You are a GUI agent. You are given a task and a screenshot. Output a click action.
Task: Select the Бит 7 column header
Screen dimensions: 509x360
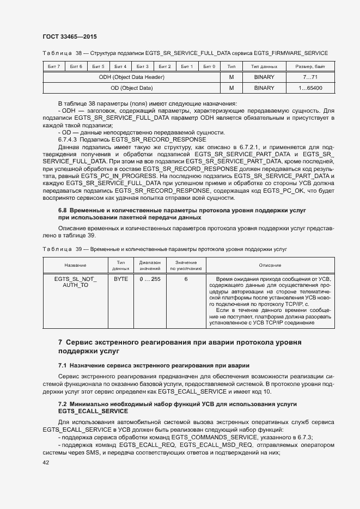(53, 66)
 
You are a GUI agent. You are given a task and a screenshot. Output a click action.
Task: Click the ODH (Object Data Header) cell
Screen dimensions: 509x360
(131, 77)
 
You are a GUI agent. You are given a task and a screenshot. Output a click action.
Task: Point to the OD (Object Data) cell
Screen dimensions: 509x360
(131, 88)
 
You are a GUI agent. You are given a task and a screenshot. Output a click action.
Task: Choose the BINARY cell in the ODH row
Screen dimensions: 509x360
(264, 77)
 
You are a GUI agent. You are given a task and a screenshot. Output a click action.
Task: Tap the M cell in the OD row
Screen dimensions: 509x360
(231, 88)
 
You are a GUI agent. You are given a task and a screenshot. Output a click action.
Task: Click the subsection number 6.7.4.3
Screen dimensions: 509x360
(68, 140)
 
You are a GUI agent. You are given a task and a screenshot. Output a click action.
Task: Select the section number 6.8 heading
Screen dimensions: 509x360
(63, 210)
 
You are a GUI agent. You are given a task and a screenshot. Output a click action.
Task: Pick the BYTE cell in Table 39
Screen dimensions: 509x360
(121, 279)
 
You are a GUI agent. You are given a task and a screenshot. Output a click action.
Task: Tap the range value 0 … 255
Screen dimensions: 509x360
(150, 279)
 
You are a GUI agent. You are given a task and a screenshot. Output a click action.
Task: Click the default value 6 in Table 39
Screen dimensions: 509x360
(186, 279)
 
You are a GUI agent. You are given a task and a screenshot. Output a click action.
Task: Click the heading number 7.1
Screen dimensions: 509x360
(63, 365)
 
